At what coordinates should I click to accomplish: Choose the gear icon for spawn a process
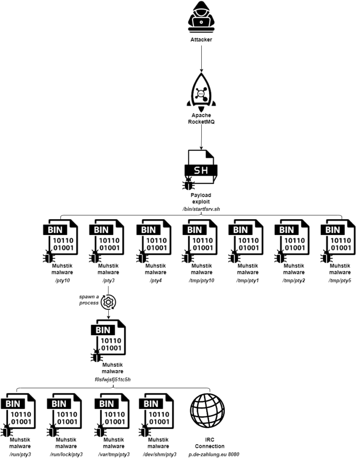click(108, 302)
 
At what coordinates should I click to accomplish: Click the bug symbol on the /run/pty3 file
click(7, 432)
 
